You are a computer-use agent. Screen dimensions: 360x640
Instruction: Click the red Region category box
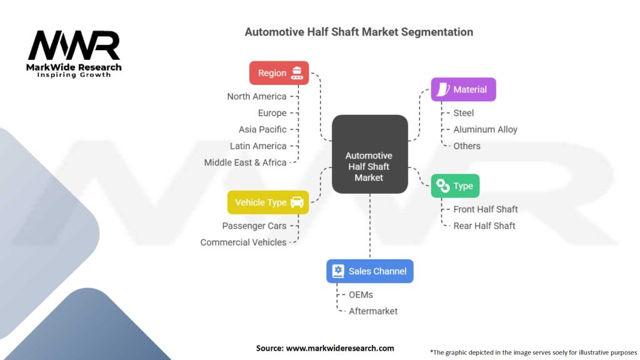tap(279, 73)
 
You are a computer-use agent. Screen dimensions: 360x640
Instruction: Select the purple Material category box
tap(463, 89)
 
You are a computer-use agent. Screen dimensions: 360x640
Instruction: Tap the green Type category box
tap(455, 186)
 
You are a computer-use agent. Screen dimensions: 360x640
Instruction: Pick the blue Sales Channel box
tap(369, 271)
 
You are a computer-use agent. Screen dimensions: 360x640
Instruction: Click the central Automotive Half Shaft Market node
tap(369, 167)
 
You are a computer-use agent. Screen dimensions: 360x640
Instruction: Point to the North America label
tap(257, 96)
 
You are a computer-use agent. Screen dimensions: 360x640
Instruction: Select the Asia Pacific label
tap(262, 129)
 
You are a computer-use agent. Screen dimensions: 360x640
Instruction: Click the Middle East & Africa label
tap(245, 162)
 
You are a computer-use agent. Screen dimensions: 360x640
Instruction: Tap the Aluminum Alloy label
tap(486, 129)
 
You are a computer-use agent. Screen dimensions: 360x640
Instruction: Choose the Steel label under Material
tap(464, 113)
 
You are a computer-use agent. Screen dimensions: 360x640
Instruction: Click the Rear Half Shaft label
tap(484, 226)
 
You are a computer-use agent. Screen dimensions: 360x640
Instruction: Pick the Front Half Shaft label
tap(486, 209)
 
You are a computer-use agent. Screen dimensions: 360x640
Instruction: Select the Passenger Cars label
tap(254, 226)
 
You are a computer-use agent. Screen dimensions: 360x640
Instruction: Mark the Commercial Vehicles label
tap(243, 242)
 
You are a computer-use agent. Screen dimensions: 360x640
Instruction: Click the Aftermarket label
tap(373, 311)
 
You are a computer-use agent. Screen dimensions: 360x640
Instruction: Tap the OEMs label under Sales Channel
tap(361, 294)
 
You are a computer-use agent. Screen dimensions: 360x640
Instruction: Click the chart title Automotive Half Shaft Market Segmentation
tap(359, 32)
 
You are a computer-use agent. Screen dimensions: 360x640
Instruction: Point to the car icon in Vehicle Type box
tap(297, 202)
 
